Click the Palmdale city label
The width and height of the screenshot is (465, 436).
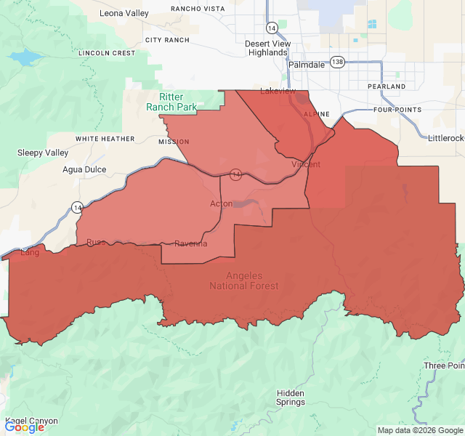click(x=307, y=65)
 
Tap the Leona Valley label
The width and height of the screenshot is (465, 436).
click(x=124, y=13)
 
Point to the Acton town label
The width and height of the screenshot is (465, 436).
click(x=221, y=203)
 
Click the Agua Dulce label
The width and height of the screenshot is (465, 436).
click(x=84, y=169)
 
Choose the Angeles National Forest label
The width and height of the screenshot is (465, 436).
click(x=243, y=280)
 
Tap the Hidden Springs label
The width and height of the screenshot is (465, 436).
click(x=291, y=397)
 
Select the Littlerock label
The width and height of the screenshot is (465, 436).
click(x=445, y=138)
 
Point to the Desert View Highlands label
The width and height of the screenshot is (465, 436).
click(x=267, y=48)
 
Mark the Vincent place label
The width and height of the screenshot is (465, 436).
click(x=305, y=165)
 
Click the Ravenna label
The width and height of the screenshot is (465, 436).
click(x=190, y=243)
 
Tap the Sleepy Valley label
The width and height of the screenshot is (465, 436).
click(x=43, y=153)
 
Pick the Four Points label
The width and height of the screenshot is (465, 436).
click(x=397, y=110)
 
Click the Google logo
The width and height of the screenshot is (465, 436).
click(x=25, y=427)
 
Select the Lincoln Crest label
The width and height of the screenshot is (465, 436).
click(x=107, y=53)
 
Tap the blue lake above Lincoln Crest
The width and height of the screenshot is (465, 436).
click(x=25, y=57)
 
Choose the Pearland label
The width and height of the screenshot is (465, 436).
click(x=387, y=86)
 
